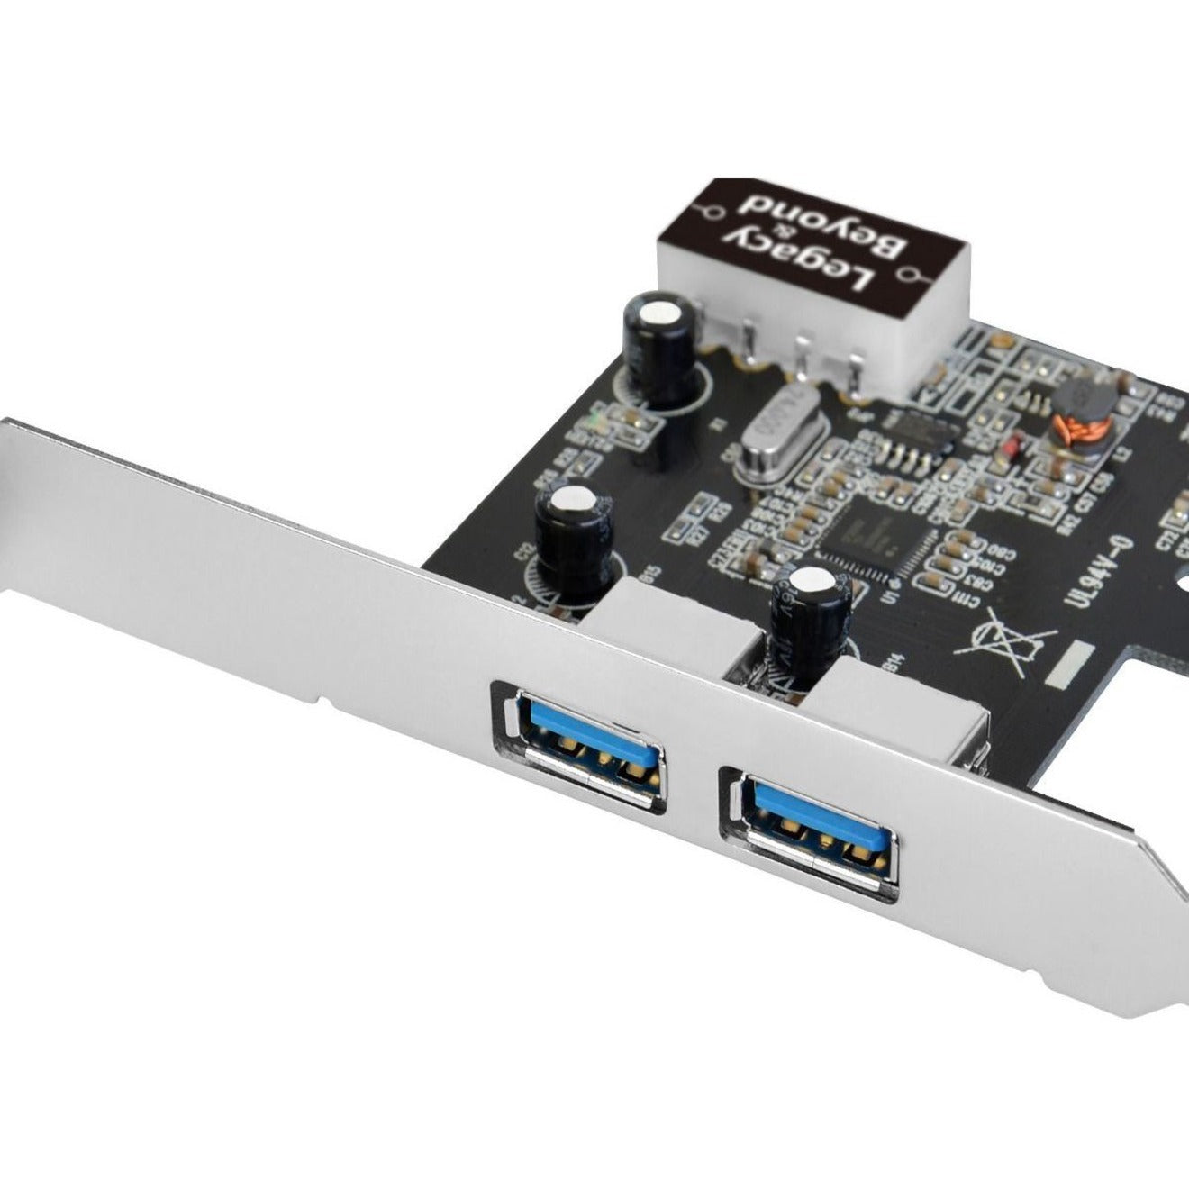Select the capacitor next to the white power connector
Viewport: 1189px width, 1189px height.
point(662,351)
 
